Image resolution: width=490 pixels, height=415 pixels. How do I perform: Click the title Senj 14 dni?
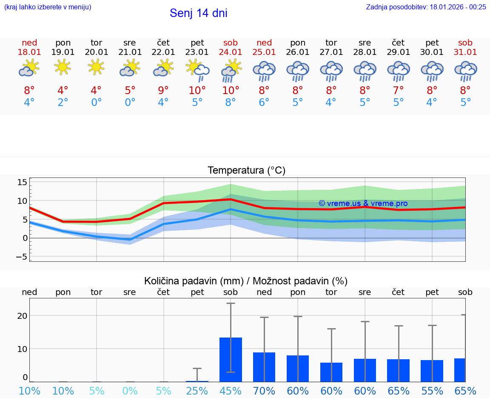(198, 13)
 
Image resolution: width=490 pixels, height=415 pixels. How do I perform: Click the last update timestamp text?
(426, 7)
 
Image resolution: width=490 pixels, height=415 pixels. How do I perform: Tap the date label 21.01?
(130, 52)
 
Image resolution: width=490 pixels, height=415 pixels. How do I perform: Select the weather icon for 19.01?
(63, 67)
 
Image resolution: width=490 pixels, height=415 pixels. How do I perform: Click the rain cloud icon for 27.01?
(331, 71)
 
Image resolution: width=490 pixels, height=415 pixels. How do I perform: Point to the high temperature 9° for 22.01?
(163, 91)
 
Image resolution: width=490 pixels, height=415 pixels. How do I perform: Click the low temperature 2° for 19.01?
(63, 103)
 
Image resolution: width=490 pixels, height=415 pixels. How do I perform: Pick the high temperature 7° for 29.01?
(398, 91)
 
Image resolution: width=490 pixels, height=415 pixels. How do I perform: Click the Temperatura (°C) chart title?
(246, 171)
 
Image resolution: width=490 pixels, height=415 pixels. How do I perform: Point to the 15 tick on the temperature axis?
(22, 182)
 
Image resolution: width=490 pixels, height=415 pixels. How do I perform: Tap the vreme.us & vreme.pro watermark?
(363, 203)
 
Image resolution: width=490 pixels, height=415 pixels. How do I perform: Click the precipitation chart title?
(246, 281)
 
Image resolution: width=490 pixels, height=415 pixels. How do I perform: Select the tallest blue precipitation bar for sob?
(231, 359)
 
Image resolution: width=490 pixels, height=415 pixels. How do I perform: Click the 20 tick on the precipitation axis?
(22, 315)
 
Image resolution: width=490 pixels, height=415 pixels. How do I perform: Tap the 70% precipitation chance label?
(264, 391)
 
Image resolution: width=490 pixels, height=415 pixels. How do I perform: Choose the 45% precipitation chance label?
(231, 391)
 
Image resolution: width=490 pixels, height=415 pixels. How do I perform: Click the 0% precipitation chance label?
(130, 391)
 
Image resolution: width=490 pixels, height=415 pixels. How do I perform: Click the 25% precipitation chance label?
(197, 391)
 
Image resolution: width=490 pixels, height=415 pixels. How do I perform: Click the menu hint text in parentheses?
(48, 7)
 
